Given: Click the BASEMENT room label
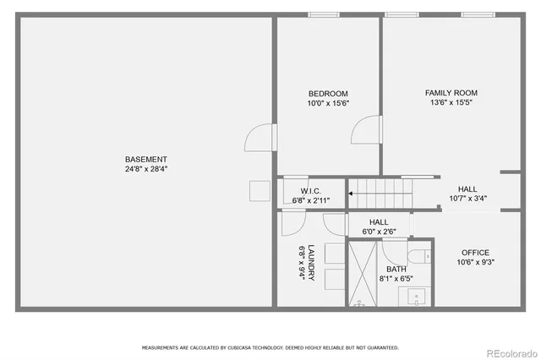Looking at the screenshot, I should click(x=146, y=159).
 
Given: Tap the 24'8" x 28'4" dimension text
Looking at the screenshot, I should click(x=146, y=168).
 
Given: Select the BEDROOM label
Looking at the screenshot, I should click(x=328, y=94).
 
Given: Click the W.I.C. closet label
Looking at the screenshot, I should click(x=310, y=191).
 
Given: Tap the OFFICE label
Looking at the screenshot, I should click(x=475, y=253).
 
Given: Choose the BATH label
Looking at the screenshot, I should click(x=396, y=269).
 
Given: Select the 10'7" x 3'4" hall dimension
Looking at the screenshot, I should click(x=467, y=199).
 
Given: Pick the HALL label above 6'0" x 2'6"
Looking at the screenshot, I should click(x=379, y=222).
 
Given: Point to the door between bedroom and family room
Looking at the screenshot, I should click(x=366, y=131).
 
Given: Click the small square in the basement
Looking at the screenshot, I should click(x=259, y=190).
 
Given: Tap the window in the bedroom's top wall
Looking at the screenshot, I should click(x=323, y=14).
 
